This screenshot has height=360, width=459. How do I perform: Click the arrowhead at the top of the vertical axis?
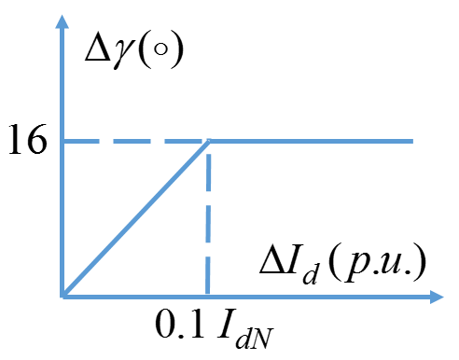[x=63, y=21]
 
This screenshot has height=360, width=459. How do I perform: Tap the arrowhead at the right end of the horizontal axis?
[x=437, y=297]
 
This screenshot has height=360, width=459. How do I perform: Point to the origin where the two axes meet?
[x=63, y=297]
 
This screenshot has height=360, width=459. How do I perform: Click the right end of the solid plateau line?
[x=411, y=141]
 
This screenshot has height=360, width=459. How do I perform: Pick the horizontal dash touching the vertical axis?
[x=80, y=141]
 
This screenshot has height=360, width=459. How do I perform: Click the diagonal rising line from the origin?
[x=135, y=219]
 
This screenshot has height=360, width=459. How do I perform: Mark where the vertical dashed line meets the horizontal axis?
[x=208, y=297]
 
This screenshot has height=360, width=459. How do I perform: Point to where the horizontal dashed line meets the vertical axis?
[x=63, y=141]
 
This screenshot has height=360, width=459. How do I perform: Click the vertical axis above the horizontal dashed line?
[x=63, y=84]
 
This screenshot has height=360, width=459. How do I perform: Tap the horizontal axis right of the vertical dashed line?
[x=317, y=297]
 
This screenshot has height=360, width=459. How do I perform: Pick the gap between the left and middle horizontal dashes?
[x=105, y=141]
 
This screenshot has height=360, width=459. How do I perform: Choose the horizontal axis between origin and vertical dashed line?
[x=135, y=297]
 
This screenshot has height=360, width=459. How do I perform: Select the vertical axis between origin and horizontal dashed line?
[x=63, y=219]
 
